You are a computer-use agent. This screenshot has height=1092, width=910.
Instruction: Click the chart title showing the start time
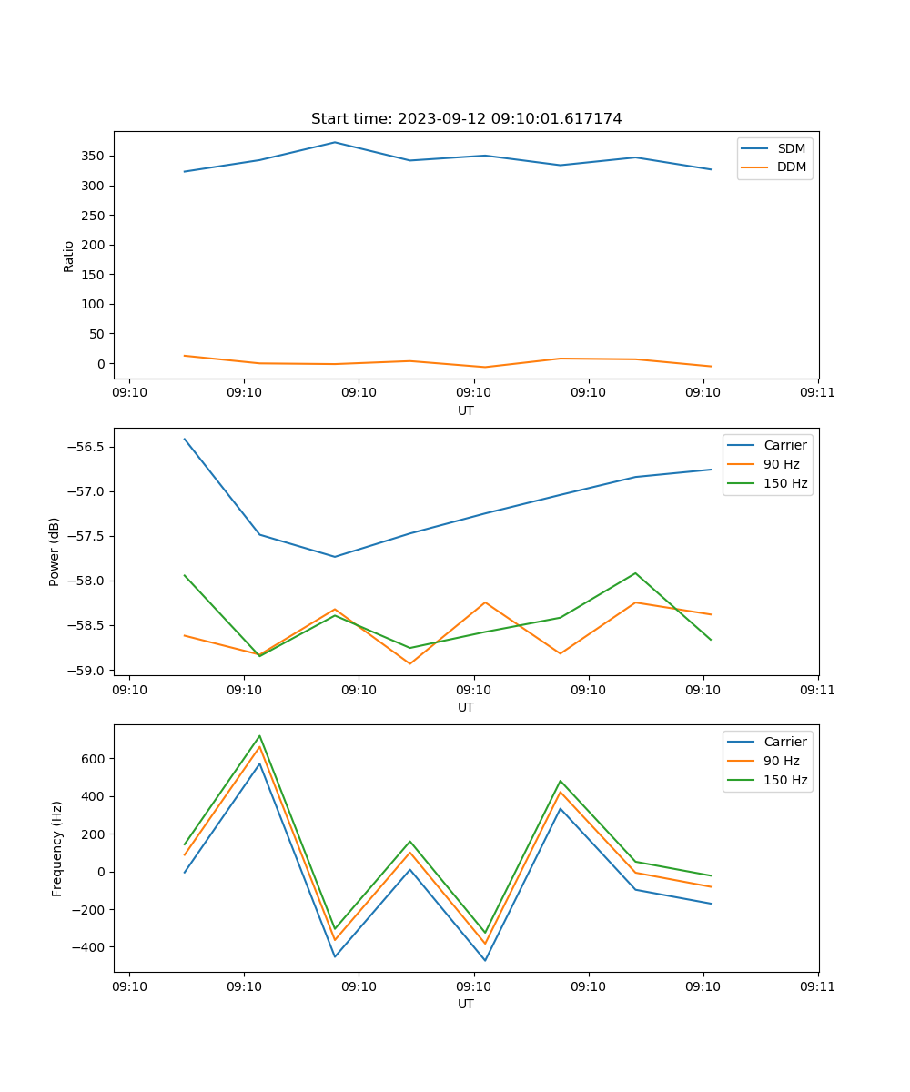coord(466,119)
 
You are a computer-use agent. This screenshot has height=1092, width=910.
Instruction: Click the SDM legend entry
coord(791,148)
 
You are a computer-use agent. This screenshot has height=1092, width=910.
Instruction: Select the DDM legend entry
coord(791,167)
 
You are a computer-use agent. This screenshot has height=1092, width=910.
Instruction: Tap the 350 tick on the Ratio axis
coord(93,157)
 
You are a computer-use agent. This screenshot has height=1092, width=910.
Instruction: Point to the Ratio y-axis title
coord(69,256)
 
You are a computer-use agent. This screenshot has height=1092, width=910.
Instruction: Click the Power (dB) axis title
coord(55,551)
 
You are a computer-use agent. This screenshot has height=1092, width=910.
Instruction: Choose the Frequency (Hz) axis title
coord(56,848)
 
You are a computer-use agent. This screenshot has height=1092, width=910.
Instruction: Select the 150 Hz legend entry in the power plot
coord(785,483)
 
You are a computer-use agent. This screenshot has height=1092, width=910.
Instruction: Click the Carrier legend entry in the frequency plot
coord(785,742)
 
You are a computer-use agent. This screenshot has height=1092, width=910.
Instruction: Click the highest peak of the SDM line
coord(335,142)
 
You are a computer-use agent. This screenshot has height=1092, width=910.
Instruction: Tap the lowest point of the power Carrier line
coord(335,557)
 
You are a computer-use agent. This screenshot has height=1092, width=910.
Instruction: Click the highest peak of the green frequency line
coord(259,736)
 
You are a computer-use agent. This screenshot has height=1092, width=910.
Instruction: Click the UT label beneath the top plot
coord(466,410)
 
